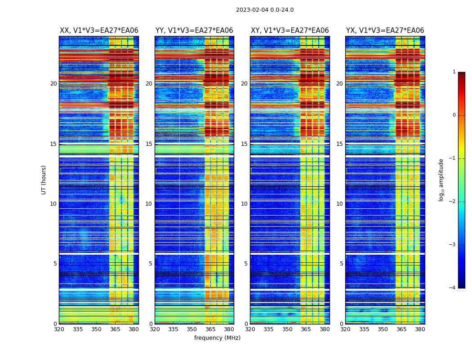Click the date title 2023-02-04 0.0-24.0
[265, 10]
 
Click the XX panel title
[99, 31]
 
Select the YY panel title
[194, 31]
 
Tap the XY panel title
[289, 31]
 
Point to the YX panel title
[385, 31]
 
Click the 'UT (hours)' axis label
[44, 180]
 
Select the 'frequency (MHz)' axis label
[217, 338]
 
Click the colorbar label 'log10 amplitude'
[441, 180]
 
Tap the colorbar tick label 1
[454, 72]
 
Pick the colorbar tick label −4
[453, 288]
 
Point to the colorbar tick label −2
[453, 202]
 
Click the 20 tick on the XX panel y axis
[53, 84]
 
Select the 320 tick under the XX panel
[59, 329]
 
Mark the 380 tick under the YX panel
[420, 329]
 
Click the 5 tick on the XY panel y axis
[246, 264]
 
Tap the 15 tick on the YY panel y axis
[149, 144]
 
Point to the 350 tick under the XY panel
[287, 329]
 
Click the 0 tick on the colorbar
[454, 115]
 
